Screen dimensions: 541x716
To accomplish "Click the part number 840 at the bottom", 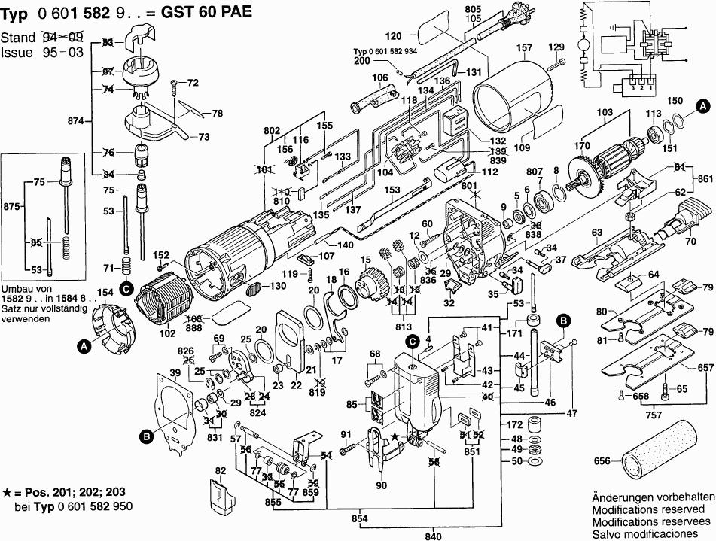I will click(x=434, y=536).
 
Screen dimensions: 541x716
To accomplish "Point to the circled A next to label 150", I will click(x=702, y=105).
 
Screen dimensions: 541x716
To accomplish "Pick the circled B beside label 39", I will click(x=145, y=434).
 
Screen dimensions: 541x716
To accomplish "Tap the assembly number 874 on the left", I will click(x=75, y=120).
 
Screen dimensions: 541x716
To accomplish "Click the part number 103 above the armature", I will click(x=605, y=113).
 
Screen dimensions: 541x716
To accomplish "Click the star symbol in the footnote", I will click(x=7, y=491).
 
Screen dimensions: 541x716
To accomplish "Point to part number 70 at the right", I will click(x=689, y=242).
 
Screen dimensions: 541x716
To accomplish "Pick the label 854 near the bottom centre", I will click(x=364, y=518).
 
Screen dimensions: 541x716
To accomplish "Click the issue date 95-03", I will click(x=63, y=53).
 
